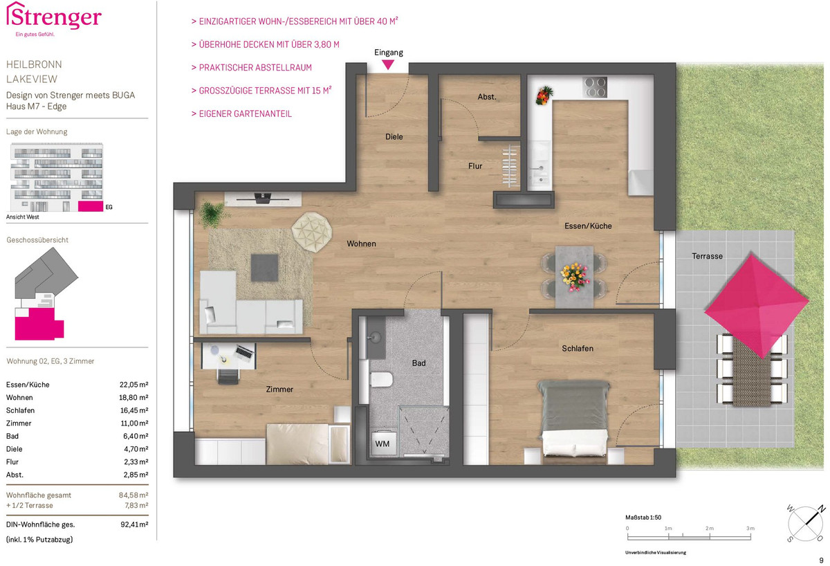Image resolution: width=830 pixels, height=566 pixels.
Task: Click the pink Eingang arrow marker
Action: pyautogui.click(x=388, y=65)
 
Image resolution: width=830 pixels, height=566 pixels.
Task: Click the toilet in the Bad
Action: pyautogui.click(x=381, y=380)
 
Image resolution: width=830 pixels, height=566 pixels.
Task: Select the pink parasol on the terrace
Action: pyautogui.click(x=757, y=305)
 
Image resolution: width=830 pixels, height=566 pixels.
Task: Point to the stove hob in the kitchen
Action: pyautogui.click(x=594, y=87)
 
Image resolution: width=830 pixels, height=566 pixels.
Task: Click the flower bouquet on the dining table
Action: pyautogui.click(x=574, y=277)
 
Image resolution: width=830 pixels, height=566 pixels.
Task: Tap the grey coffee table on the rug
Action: pyautogui.click(x=264, y=268)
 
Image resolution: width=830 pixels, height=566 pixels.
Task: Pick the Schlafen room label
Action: pyautogui.click(x=578, y=349)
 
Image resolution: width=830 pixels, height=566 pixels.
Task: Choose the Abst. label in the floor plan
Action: pyautogui.click(x=487, y=97)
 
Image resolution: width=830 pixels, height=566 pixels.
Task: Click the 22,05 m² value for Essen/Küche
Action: pyautogui.click(x=133, y=385)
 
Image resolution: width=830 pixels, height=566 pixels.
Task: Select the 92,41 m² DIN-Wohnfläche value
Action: pyautogui.click(x=134, y=524)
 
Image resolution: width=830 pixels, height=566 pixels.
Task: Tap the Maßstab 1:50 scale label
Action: pyautogui.click(x=643, y=517)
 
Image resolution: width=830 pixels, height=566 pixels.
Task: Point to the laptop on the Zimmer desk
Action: pyautogui.click(x=243, y=352)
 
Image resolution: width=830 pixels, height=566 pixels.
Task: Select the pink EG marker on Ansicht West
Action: pyautogui.click(x=91, y=206)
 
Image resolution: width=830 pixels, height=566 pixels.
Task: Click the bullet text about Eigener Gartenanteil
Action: pyautogui.click(x=241, y=113)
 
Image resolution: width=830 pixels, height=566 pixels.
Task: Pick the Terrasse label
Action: pyautogui.click(x=707, y=256)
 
